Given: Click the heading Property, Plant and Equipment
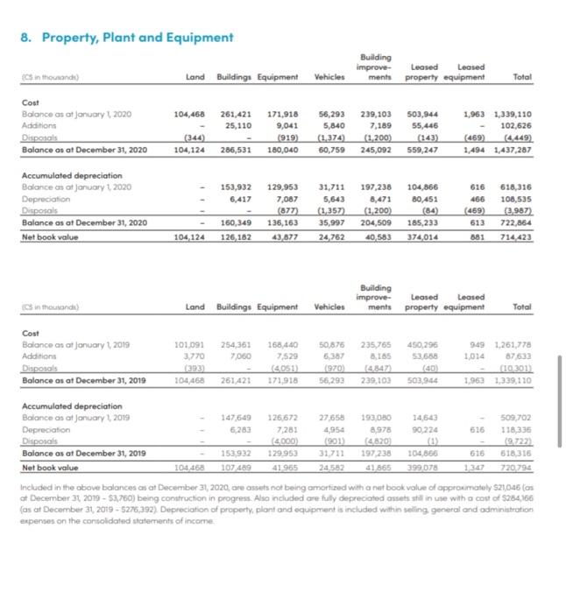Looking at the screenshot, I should (126, 37).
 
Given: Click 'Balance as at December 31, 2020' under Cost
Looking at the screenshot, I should (83, 150).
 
